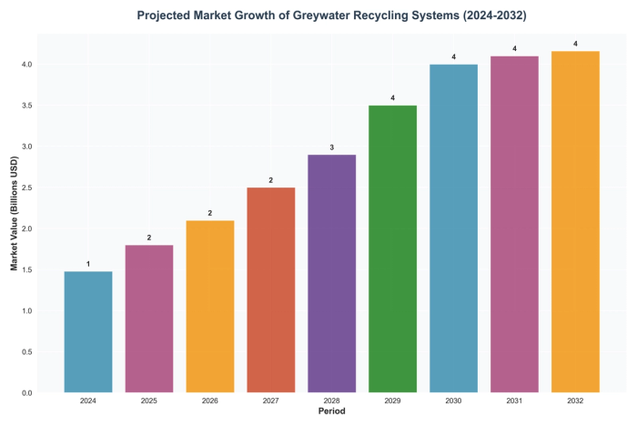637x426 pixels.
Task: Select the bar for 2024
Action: click(88, 332)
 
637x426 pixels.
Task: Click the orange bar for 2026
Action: click(210, 307)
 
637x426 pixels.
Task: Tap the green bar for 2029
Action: click(392, 249)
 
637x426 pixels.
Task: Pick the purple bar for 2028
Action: click(331, 274)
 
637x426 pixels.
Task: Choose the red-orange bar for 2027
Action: click(270, 290)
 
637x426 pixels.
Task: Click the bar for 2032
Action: click(575, 222)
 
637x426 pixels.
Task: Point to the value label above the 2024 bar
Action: click(88, 264)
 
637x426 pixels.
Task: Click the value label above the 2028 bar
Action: click(331, 147)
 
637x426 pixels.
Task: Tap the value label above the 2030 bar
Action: click(453, 57)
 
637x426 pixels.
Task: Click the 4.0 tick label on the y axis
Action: click(27, 65)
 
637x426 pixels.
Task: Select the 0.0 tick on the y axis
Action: click(27, 393)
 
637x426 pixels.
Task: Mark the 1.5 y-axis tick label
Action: click(27, 270)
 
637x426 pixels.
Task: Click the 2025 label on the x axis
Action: click(149, 401)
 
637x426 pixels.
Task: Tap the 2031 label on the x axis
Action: click(514, 401)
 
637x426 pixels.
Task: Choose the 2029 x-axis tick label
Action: click(392, 401)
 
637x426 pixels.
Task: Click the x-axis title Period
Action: click(331, 411)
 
